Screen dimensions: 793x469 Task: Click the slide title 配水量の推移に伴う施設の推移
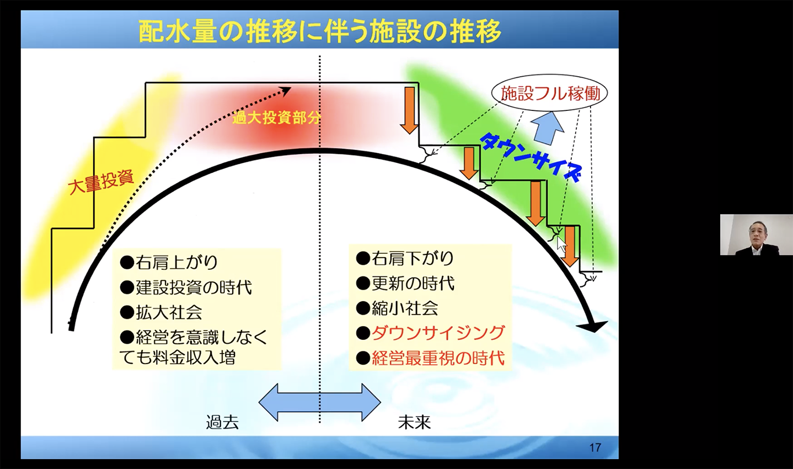click(x=320, y=31)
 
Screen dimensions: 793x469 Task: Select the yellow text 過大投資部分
click(x=276, y=118)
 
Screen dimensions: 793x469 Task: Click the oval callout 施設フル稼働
click(x=550, y=93)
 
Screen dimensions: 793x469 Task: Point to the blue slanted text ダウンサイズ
click(x=531, y=157)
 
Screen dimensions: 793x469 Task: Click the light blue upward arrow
click(x=547, y=127)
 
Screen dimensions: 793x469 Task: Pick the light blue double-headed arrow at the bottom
click(x=320, y=402)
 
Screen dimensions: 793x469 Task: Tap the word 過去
click(x=222, y=422)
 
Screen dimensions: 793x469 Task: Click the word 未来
click(x=414, y=422)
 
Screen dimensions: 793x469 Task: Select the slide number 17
click(x=595, y=447)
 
